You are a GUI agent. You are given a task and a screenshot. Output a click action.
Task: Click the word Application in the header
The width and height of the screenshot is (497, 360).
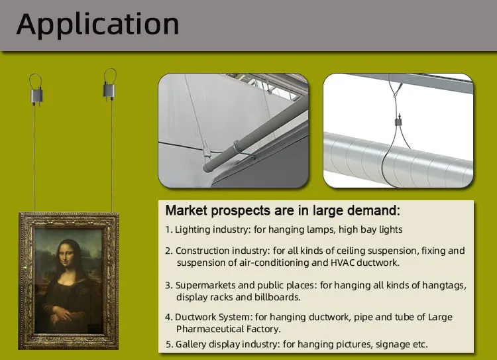point(97,25)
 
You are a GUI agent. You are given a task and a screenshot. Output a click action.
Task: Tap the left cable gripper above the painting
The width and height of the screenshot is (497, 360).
point(36,95)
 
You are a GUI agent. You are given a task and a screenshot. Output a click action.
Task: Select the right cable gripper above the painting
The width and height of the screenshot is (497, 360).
point(109,90)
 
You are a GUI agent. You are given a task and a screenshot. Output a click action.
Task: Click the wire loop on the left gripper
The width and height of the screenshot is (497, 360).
point(36,82)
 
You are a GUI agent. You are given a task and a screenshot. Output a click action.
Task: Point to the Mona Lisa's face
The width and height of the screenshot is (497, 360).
point(66,254)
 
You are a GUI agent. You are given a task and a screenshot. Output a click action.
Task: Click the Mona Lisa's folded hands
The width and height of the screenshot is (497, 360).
point(64,315)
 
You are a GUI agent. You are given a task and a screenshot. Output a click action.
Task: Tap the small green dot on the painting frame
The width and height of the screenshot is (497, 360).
point(25,268)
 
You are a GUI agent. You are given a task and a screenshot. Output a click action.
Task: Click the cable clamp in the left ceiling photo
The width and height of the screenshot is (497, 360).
point(206,149)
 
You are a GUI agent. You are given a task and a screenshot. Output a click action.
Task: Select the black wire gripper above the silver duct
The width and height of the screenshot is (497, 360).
point(398,121)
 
